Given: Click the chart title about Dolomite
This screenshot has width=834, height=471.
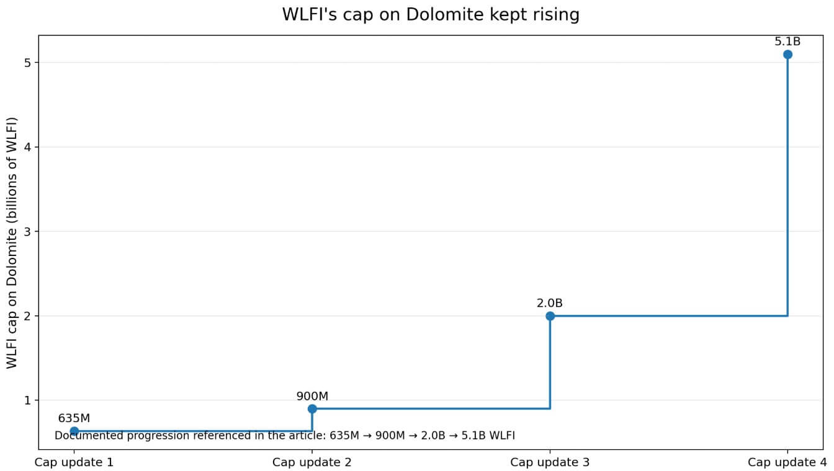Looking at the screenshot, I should pos(431,15).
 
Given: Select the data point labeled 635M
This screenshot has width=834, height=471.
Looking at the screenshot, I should pos(74,431).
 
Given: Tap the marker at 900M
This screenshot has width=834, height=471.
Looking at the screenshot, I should pos(312,408).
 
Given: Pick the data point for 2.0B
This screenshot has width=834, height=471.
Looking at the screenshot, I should pos(550,316).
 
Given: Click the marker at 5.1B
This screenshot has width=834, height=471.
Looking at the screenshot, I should pos(787,55).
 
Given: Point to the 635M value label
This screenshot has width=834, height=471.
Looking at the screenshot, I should pos(74,418).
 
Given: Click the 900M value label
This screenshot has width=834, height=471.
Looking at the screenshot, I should pos(312,396).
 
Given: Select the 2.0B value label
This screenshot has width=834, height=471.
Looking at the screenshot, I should pos(550,304).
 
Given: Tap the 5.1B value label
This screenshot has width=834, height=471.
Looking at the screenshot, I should pos(787,42).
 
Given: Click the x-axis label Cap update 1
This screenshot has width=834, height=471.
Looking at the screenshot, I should pos(74,462).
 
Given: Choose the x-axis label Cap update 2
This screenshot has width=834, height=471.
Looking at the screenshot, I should pos(312,462).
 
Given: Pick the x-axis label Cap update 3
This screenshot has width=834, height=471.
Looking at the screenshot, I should pos(550,462).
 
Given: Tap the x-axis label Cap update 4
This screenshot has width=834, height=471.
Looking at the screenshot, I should pos(787,462).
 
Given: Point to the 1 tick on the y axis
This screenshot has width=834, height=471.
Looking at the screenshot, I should pos(27,400).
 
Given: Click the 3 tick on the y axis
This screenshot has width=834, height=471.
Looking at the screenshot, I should pos(27,232).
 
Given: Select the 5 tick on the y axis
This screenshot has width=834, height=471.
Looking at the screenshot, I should pos(27,63).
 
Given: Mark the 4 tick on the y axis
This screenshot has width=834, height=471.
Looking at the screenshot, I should pos(27,147).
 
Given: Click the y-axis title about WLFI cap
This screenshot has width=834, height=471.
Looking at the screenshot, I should pos(12,242).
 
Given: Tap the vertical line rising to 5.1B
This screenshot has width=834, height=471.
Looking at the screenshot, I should pos(787,186).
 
